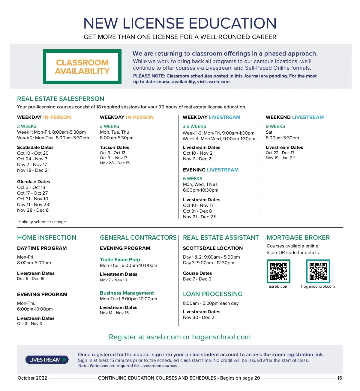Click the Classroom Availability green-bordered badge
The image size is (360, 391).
82,67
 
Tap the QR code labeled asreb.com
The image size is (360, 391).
278,271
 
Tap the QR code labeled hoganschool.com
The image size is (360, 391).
318,271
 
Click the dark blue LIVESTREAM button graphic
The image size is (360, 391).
47,360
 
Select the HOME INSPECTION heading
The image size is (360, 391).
47,238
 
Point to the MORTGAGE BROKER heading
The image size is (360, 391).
298,238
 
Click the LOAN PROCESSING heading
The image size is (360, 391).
213,294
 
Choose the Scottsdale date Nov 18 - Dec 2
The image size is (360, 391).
33,170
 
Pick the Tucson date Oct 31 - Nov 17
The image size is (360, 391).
114,158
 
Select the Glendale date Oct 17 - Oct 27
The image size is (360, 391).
32,193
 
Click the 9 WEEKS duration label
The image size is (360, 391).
275,126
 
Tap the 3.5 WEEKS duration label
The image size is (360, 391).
194,126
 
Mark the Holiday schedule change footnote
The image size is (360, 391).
42,222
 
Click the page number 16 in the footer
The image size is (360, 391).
340,378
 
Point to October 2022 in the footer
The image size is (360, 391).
32,378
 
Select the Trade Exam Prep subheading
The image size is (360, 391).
120,259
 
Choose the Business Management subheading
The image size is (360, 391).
127,293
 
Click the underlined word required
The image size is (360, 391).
111,107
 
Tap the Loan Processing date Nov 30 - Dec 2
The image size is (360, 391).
199,317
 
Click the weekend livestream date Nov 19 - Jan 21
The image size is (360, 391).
280,158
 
